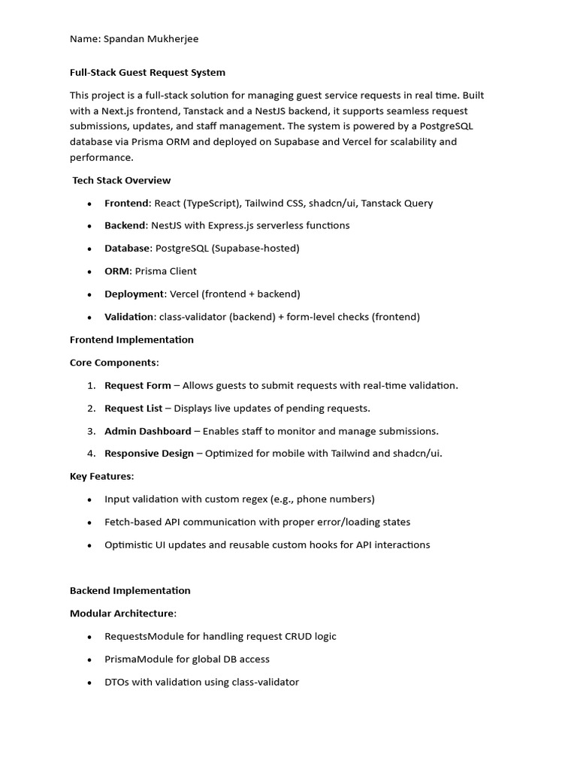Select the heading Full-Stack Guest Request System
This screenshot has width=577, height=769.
[x=147, y=73]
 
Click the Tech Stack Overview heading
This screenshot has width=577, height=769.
[x=121, y=180]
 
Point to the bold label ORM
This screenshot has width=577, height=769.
[x=116, y=271]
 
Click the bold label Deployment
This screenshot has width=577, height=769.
[x=134, y=294]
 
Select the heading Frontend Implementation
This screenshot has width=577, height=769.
[x=131, y=339]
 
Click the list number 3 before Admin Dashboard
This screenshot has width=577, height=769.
[x=90, y=431]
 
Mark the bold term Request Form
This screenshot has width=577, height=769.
[x=137, y=385]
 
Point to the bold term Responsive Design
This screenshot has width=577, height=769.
[x=149, y=454]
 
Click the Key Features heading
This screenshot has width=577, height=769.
[x=101, y=476]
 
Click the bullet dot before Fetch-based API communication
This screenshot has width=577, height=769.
[x=89, y=523]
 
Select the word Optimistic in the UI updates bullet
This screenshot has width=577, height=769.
[x=128, y=545]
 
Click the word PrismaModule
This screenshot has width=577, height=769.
[x=140, y=659]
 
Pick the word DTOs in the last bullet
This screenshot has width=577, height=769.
[x=117, y=682]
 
